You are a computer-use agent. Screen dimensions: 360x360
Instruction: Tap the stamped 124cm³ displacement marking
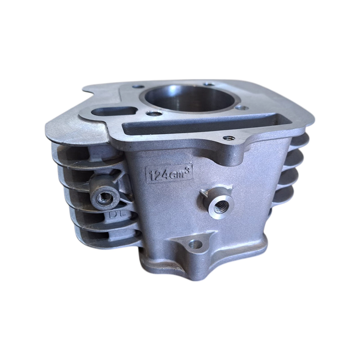point(169,174)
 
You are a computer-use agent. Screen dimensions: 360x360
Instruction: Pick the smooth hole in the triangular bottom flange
point(195,244)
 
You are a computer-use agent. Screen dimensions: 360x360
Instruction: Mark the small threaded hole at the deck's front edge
point(229,138)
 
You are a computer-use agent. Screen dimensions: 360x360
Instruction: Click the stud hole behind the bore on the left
point(137,87)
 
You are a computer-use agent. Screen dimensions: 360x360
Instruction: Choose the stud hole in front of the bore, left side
point(154,114)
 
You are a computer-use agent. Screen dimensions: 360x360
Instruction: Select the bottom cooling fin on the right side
point(284,196)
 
